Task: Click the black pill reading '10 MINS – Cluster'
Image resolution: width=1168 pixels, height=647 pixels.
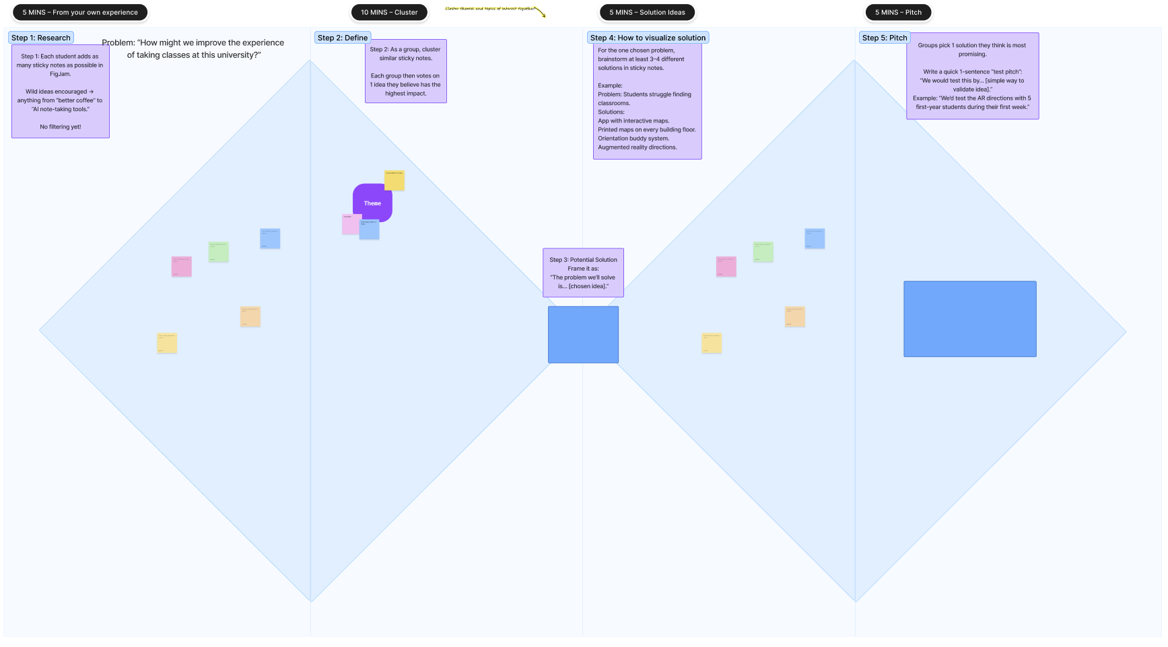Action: pyautogui.click(x=389, y=12)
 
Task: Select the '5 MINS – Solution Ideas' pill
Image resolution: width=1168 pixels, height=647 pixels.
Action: pyautogui.click(x=647, y=12)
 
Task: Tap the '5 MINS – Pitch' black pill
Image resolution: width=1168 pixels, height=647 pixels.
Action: pyautogui.click(x=898, y=12)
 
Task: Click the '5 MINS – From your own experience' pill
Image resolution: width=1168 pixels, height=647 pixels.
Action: pyautogui.click(x=80, y=12)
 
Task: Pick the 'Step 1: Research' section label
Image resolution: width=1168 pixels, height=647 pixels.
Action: pyautogui.click(x=40, y=38)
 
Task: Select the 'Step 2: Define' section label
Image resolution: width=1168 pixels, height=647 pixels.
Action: pyautogui.click(x=342, y=38)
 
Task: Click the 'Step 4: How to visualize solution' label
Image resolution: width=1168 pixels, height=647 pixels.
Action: pyautogui.click(x=648, y=38)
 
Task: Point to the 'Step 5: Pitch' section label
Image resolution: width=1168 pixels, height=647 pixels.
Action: pyautogui.click(x=884, y=38)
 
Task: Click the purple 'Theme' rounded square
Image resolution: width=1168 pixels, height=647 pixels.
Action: pyautogui.click(x=372, y=202)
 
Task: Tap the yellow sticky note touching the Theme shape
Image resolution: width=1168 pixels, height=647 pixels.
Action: pyautogui.click(x=394, y=180)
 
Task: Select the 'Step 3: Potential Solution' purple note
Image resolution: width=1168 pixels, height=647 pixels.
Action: pyautogui.click(x=583, y=273)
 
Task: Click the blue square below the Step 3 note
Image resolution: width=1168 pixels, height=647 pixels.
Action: pyautogui.click(x=583, y=335)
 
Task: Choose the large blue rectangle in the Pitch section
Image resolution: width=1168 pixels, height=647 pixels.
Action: pyautogui.click(x=969, y=318)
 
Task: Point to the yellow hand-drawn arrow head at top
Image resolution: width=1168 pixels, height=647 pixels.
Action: pyautogui.click(x=543, y=15)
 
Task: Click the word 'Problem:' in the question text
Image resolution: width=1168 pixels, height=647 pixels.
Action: pyautogui.click(x=118, y=42)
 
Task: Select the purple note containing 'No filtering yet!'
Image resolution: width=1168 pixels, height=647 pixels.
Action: pyautogui.click(x=61, y=91)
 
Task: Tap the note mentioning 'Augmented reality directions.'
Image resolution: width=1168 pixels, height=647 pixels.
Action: pyautogui.click(x=647, y=101)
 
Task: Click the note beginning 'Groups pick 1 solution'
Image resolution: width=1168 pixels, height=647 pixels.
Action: pyautogui.click(x=972, y=76)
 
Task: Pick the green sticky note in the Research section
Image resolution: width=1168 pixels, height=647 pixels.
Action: pyautogui.click(x=218, y=252)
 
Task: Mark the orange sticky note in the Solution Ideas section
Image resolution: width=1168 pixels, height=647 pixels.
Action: pyautogui.click(x=794, y=316)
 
